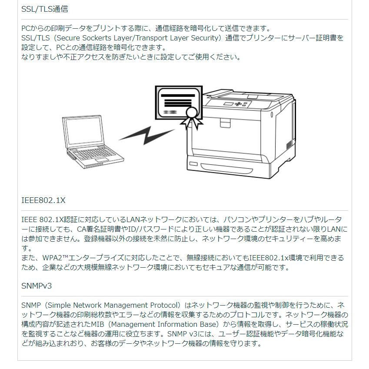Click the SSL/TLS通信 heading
pos(45,9)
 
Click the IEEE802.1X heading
pos(43,200)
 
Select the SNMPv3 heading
pos(37,286)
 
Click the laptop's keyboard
pos(93,156)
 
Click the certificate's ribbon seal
pos(191,117)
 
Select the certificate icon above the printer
pos(178,103)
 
